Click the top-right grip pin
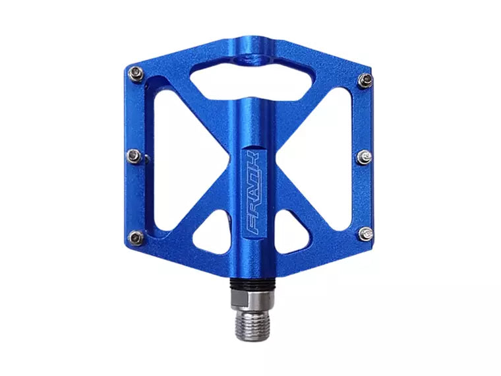(x=365, y=80)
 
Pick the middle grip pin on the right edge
(x=365, y=157)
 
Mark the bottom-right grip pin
(x=365, y=233)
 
